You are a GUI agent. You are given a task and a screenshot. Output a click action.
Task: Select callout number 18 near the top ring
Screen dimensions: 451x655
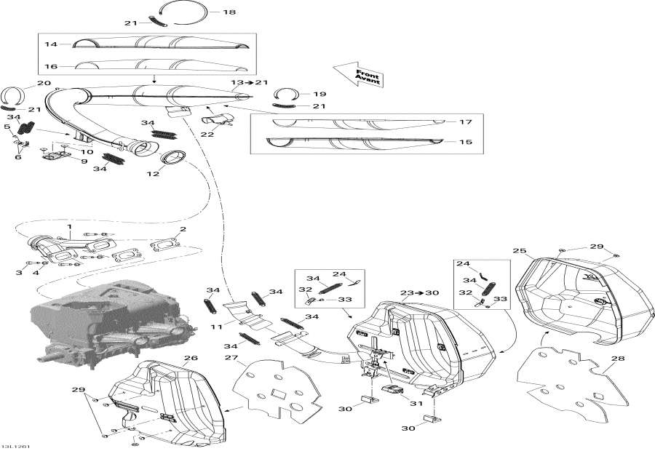pyautogui.click(x=229, y=12)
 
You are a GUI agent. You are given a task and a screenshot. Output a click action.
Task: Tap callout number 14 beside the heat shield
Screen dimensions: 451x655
pyautogui.click(x=51, y=44)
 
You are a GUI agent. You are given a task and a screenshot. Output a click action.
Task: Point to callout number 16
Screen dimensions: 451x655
pyautogui.click(x=51, y=65)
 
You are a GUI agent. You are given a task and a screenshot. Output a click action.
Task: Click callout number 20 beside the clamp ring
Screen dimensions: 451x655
pyautogui.click(x=23, y=83)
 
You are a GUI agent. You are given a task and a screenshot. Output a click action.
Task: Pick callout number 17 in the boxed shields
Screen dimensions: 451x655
pyautogui.click(x=466, y=121)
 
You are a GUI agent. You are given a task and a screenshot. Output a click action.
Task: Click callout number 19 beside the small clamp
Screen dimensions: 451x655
pyautogui.click(x=319, y=94)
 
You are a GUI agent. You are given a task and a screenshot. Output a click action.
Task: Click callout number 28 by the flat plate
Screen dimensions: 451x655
pyautogui.click(x=618, y=358)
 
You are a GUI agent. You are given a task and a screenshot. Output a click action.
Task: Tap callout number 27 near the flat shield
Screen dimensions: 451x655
pyautogui.click(x=231, y=358)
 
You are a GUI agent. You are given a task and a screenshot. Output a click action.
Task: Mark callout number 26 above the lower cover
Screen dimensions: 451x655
pyautogui.click(x=191, y=358)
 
